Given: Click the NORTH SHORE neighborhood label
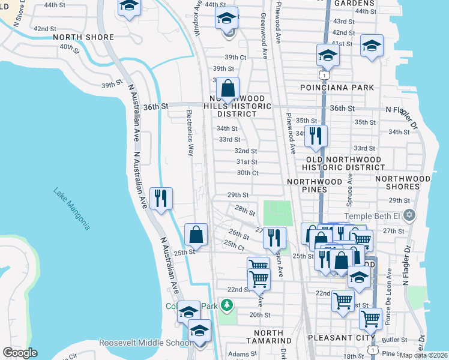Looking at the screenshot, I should (83, 37).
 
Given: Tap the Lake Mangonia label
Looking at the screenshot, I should (71, 209).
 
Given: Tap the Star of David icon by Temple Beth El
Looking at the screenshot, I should (410, 215).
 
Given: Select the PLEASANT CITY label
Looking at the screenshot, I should (337, 338).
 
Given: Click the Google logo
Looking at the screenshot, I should (20, 353).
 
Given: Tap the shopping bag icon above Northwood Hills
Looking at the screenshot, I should (228, 89).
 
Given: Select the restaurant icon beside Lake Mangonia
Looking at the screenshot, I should (161, 198).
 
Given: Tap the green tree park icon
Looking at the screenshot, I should (226, 307).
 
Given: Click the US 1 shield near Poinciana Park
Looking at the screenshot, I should (324, 76).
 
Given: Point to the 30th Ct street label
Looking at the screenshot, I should (247, 173).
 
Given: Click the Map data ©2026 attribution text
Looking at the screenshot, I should (423, 355).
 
